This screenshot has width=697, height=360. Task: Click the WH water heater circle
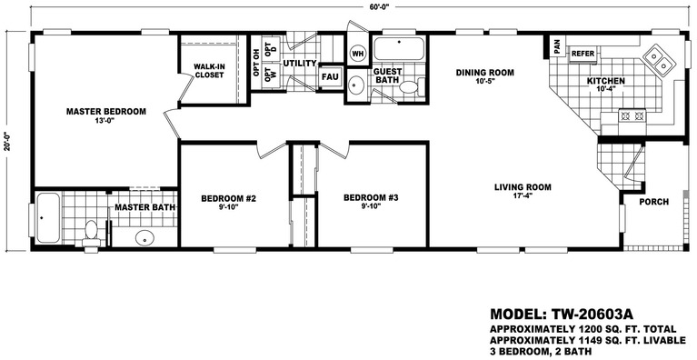[358, 54]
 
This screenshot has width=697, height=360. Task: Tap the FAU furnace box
[330, 77]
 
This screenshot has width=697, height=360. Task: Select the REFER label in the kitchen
[582, 54]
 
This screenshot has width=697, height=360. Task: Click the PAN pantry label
[557, 45]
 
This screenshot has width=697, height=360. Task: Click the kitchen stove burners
[632, 116]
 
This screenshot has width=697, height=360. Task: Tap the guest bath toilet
[411, 86]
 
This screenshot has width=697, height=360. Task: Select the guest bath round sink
[356, 85]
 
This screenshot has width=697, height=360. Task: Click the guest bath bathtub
[399, 48]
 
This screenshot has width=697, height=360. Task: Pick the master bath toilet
[91, 234]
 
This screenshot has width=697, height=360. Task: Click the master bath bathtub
[47, 218]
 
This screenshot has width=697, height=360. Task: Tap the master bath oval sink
[144, 238]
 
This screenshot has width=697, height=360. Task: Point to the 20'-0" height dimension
[6, 140]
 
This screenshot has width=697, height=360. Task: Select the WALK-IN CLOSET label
[209, 71]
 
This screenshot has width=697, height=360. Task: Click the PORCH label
[654, 202]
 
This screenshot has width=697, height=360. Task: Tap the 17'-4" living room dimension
[523, 195]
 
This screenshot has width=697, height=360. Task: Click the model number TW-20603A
[592, 314]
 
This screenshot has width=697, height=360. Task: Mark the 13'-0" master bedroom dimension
[105, 119]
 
